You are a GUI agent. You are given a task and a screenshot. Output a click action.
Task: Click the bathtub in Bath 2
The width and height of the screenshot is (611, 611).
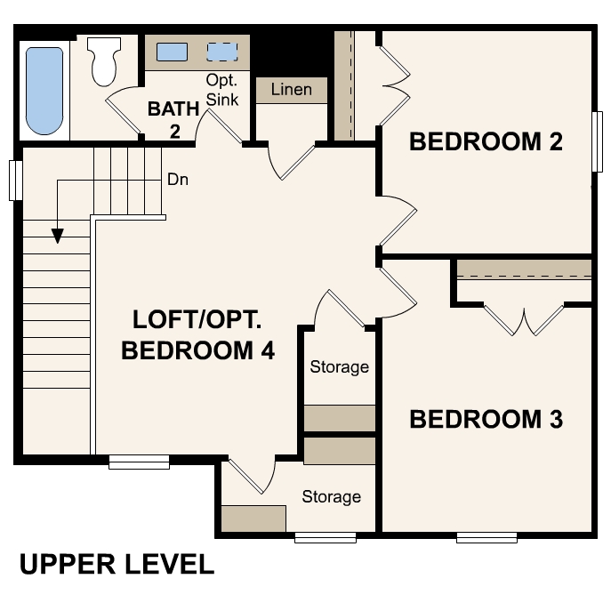(44, 90)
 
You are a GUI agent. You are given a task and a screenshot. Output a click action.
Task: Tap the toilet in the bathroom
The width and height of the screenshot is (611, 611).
(105, 60)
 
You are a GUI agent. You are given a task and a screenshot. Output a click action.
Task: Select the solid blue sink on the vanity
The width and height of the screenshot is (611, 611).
(172, 52)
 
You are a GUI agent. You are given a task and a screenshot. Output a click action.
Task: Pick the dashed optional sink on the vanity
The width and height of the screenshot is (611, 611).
(221, 51)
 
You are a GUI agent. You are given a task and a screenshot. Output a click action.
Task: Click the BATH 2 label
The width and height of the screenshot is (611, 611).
(168, 120)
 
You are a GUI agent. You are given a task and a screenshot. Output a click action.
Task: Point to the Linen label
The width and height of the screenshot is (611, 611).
(291, 90)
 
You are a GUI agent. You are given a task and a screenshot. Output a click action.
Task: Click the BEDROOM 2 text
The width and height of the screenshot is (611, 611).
(486, 141)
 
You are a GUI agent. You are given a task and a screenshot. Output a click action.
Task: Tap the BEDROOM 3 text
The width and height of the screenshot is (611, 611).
(486, 420)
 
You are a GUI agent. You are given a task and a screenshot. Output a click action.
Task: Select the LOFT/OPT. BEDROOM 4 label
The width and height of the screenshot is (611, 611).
(197, 334)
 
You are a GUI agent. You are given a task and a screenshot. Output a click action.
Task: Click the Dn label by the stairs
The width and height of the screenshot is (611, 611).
(177, 180)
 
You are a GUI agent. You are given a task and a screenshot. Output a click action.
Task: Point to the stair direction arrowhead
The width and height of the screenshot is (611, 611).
(58, 236)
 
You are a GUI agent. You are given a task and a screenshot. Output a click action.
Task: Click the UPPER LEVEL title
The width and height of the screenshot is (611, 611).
(117, 565)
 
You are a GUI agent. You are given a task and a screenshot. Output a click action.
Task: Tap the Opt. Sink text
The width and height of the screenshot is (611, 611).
(222, 90)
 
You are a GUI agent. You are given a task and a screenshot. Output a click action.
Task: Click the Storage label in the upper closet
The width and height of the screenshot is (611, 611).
(339, 366)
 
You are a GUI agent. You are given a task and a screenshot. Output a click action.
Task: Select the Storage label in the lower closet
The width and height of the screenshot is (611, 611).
(331, 496)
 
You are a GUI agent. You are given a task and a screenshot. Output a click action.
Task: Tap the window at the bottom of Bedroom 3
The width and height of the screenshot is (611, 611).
(486, 537)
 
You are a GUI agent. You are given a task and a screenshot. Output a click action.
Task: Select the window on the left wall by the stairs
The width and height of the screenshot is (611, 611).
(15, 180)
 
